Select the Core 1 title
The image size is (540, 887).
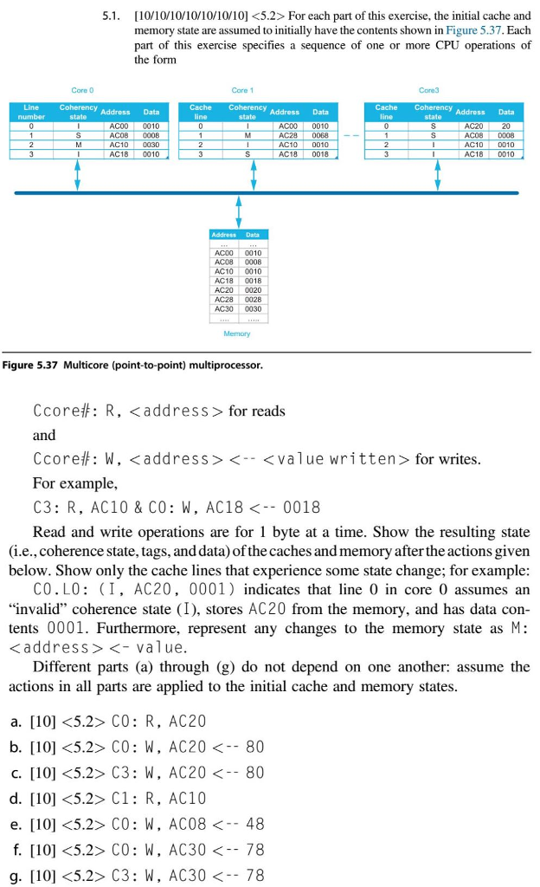click(242, 89)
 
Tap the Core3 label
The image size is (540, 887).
click(428, 89)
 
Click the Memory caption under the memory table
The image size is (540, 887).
click(236, 333)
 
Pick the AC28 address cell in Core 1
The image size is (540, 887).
click(288, 135)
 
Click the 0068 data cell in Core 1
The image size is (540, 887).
click(320, 135)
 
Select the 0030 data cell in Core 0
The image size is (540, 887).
click(151, 145)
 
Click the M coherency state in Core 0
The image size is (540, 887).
click(78, 145)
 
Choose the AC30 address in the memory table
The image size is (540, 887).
click(224, 308)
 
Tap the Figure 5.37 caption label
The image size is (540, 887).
click(34, 365)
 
